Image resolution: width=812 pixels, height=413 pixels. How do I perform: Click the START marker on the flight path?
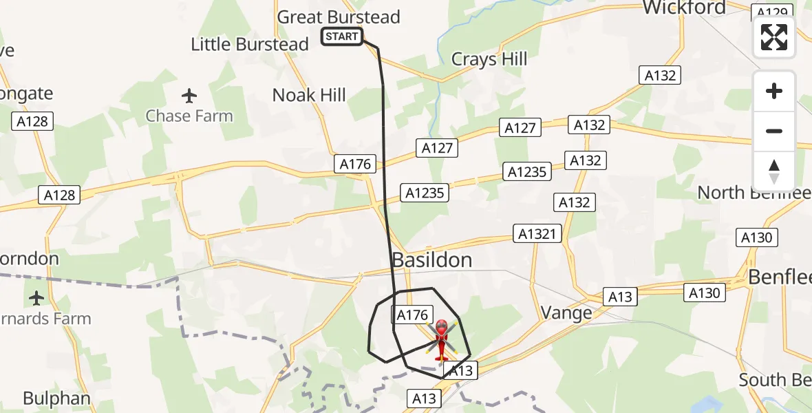pyautogui.click(x=342, y=36)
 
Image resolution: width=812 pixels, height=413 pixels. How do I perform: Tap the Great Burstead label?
pyautogui.click(x=339, y=17)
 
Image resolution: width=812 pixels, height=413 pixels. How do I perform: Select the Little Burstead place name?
pyautogui.click(x=249, y=45)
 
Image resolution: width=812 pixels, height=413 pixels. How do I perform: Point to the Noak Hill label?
pyautogui.click(x=309, y=95)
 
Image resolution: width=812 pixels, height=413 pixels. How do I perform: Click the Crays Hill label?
pyautogui.click(x=489, y=59)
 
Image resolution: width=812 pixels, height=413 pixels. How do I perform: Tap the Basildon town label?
pyautogui.click(x=432, y=260)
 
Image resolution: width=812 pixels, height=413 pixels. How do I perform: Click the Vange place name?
pyautogui.click(x=566, y=313)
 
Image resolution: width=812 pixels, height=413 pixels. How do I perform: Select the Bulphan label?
pyautogui.click(x=56, y=398)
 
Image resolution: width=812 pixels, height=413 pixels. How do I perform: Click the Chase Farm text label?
pyautogui.click(x=189, y=116)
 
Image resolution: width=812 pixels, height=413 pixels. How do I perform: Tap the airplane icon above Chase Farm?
pyautogui.click(x=189, y=95)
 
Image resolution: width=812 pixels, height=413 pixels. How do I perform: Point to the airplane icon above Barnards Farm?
pyautogui.click(x=36, y=298)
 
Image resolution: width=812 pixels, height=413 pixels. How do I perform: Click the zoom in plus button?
pyautogui.click(x=774, y=91)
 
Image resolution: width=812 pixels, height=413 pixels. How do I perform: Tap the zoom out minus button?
pyautogui.click(x=774, y=131)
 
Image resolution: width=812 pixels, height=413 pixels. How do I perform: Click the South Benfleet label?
pyautogui.click(x=775, y=379)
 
